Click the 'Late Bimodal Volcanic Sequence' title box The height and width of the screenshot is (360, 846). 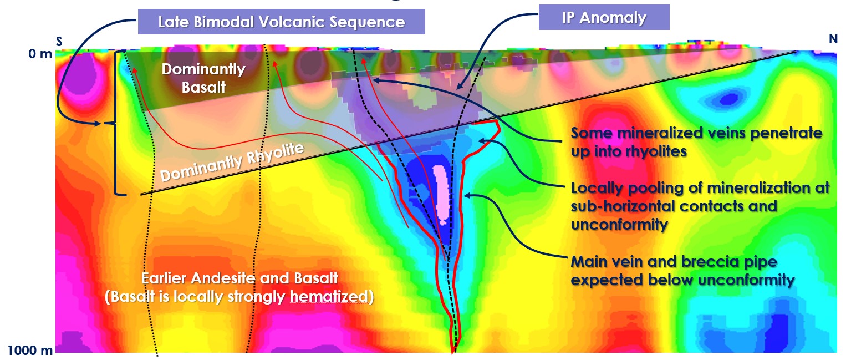click(282, 22)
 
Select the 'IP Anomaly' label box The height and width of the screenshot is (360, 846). click(604, 17)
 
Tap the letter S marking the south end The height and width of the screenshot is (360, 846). click(59, 41)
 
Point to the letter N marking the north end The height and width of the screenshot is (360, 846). click(833, 38)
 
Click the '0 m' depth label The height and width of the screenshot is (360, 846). click(40, 54)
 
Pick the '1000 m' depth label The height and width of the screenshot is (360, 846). click(30, 351)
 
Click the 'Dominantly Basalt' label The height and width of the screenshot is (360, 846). click(203, 78)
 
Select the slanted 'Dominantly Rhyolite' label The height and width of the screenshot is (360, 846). click(232, 162)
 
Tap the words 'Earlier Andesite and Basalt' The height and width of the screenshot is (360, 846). click(239, 278)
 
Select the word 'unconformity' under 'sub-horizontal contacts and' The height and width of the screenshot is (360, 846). click(619, 225)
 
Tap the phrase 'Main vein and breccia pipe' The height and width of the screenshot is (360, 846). click(674, 261)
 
